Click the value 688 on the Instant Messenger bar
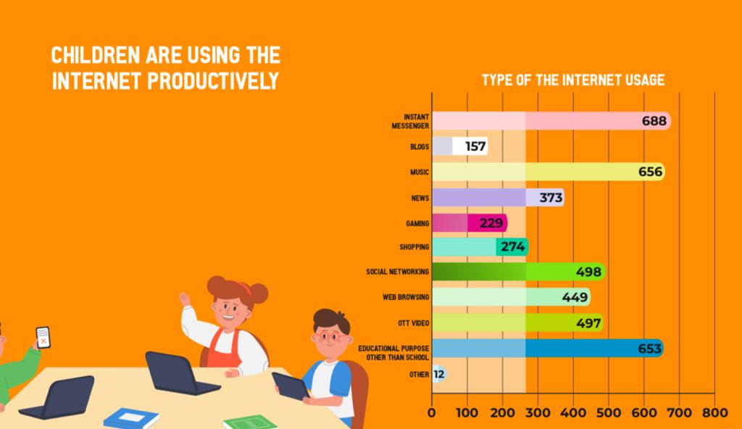(x=654, y=121)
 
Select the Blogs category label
(x=420, y=147)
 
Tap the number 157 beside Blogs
(x=475, y=147)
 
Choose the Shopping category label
(x=414, y=247)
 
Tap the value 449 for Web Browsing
(x=574, y=297)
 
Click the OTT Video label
(x=413, y=322)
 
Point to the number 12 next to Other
(x=439, y=374)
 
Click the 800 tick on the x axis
(x=714, y=414)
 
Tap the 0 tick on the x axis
(x=432, y=414)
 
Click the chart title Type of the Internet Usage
(x=572, y=80)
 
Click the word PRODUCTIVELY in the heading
(x=214, y=80)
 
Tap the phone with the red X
(x=43, y=337)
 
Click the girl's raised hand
(x=185, y=299)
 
